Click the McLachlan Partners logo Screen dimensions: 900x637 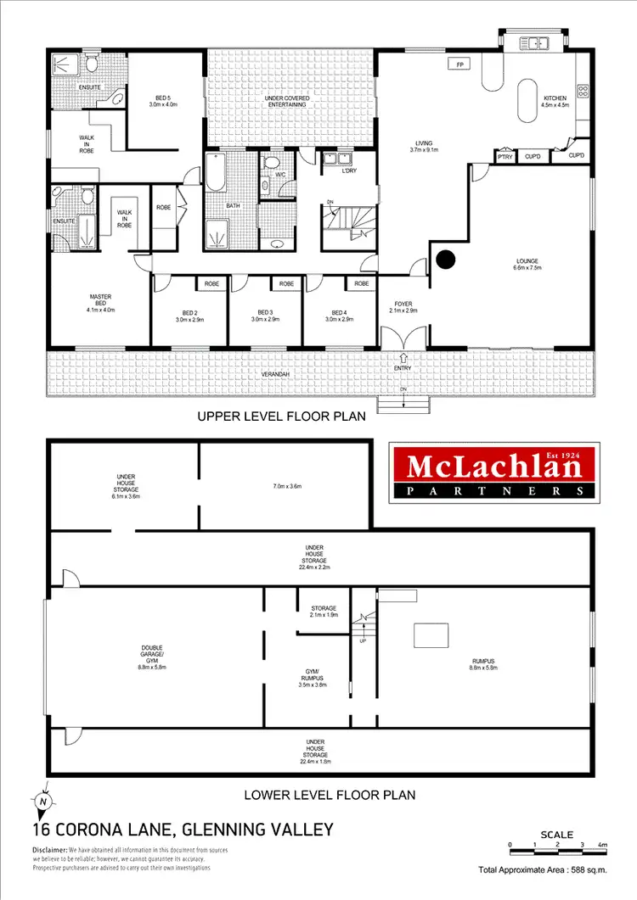pyautogui.click(x=488, y=470)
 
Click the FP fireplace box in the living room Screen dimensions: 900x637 pyautogui.click(x=459, y=64)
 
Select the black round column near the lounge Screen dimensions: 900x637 pyautogui.click(x=444, y=259)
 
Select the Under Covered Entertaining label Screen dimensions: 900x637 pyautogui.click(x=290, y=103)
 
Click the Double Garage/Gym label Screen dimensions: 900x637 pyautogui.click(x=153, y=657)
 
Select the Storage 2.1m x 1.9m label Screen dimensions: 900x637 pyautogui.click(x=324, y=612)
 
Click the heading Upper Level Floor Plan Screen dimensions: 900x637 pyautogui.click(x=281, y=416)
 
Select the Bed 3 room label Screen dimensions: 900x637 pyautogui.click(x=266, y=316)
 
